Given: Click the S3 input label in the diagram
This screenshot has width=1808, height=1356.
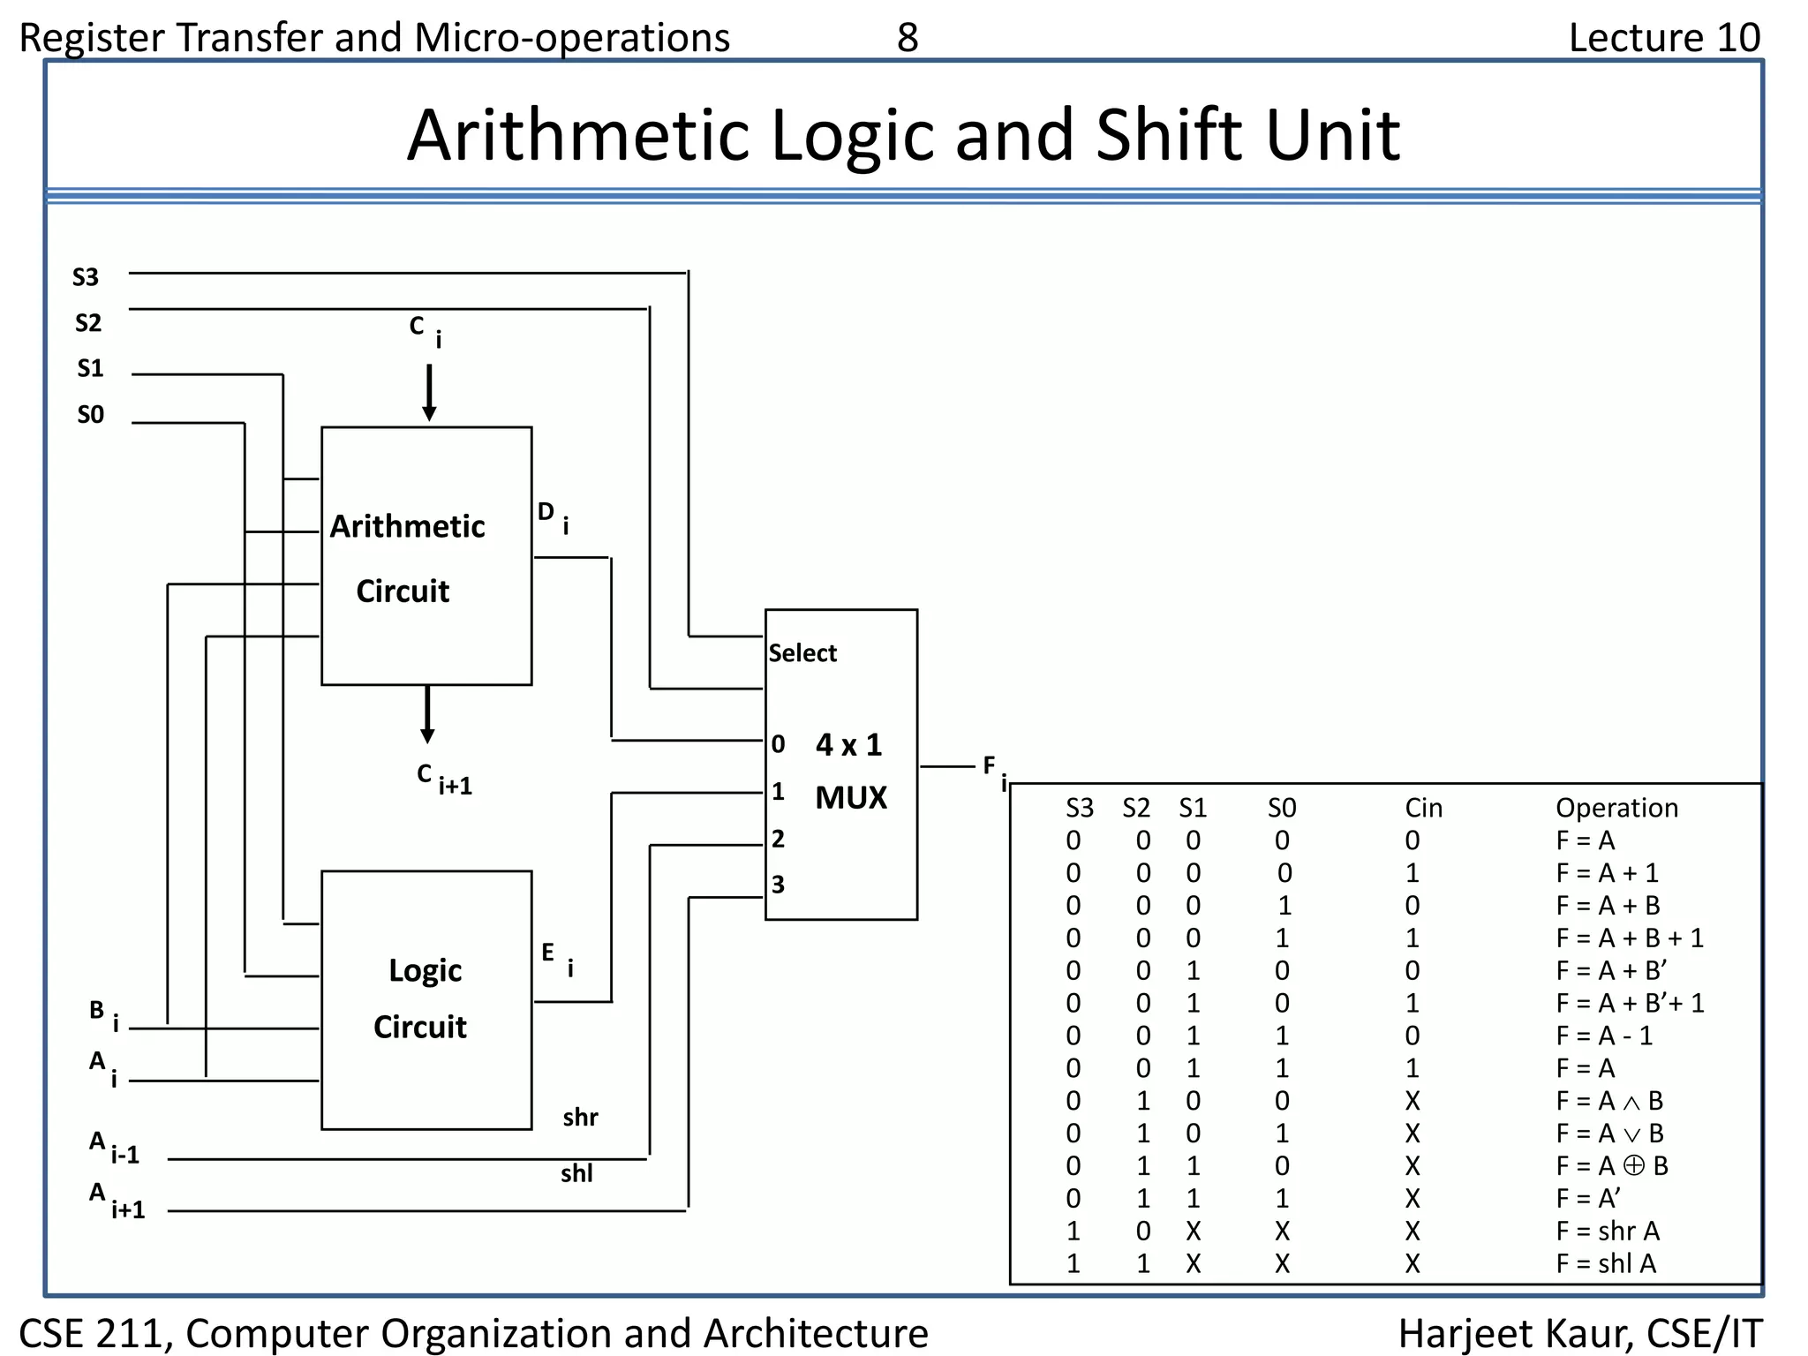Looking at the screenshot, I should (86, 277).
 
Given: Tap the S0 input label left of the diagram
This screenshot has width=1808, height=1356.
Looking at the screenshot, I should (90, 415).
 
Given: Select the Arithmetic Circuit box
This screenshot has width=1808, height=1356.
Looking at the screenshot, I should (426, 556).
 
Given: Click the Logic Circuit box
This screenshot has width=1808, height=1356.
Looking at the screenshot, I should (426, 999).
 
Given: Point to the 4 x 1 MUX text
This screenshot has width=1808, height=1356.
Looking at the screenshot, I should (849, 770).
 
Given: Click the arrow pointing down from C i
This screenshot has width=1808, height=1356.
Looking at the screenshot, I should (429, 392).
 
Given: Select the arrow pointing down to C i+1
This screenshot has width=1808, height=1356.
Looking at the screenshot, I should (427, 714).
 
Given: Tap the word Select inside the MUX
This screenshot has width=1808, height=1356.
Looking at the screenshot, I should (802, 653).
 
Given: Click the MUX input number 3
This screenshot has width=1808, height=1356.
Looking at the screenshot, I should (778, 885).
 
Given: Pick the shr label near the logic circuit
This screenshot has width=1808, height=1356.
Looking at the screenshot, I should (580, 1118).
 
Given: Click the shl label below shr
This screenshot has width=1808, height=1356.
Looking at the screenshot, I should (576, 1174).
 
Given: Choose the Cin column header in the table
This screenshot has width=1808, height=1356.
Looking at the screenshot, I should (1423, 808).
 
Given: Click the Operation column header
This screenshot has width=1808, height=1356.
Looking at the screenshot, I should (1616, 808).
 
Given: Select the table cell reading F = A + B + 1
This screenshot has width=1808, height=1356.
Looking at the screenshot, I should (1629, 938).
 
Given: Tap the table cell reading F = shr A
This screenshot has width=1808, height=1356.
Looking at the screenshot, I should (1607, 1231).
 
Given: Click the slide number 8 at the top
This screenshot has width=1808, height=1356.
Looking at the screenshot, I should (908, 38).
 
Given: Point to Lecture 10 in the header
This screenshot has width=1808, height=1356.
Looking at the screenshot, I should (1664, 38).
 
